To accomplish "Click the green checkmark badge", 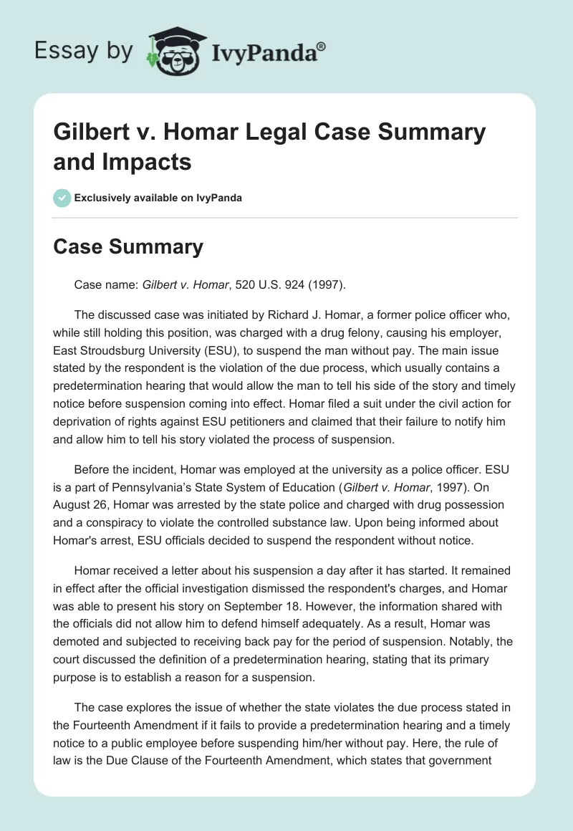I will (x=63, y=197).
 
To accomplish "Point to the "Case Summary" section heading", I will (x=129, y=247).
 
